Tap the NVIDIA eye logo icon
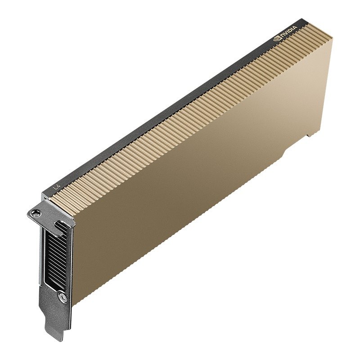point(277,39)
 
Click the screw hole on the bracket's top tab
point(34,212)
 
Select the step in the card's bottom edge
point(283,153)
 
